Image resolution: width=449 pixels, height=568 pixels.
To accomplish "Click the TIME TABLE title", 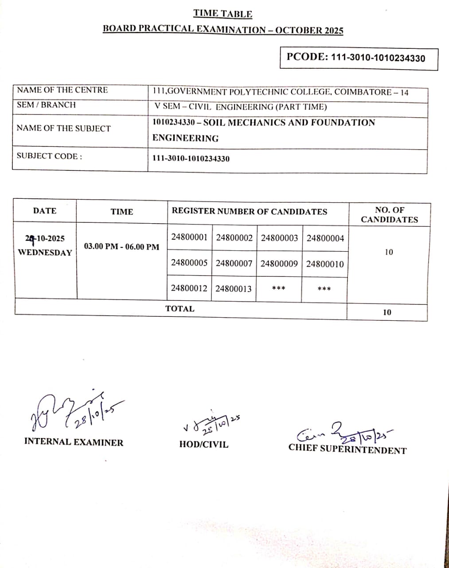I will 223,14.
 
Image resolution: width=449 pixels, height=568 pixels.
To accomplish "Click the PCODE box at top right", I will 359,58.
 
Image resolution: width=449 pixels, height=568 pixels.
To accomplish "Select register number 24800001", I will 189,237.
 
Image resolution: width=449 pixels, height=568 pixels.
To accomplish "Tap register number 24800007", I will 234,264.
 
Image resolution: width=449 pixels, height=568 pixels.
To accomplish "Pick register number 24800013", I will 234,289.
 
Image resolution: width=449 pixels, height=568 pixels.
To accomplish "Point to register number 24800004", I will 325,238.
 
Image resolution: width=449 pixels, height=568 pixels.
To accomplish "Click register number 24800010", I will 325,264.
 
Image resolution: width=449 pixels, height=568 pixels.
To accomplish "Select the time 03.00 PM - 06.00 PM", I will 121,247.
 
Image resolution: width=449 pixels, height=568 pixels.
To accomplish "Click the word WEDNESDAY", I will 45,252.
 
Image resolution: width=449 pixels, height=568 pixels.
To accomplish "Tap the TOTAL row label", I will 180,309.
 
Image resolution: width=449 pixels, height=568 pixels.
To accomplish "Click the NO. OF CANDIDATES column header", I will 389,215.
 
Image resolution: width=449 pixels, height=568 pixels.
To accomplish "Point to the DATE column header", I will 45,211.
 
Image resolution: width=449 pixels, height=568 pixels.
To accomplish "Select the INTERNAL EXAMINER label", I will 74,442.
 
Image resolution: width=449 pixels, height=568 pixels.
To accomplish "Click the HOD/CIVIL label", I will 204,444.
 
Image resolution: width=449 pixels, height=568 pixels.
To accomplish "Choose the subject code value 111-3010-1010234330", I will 191,159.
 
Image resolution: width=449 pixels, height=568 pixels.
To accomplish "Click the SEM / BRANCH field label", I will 46,105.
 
